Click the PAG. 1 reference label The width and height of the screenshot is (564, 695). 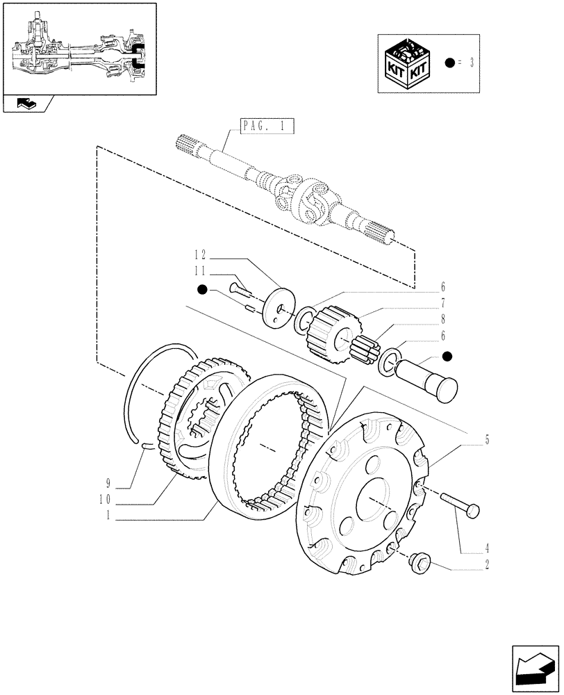(x=267, y=126)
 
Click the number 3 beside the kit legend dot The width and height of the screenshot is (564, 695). (x=472, y=63)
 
